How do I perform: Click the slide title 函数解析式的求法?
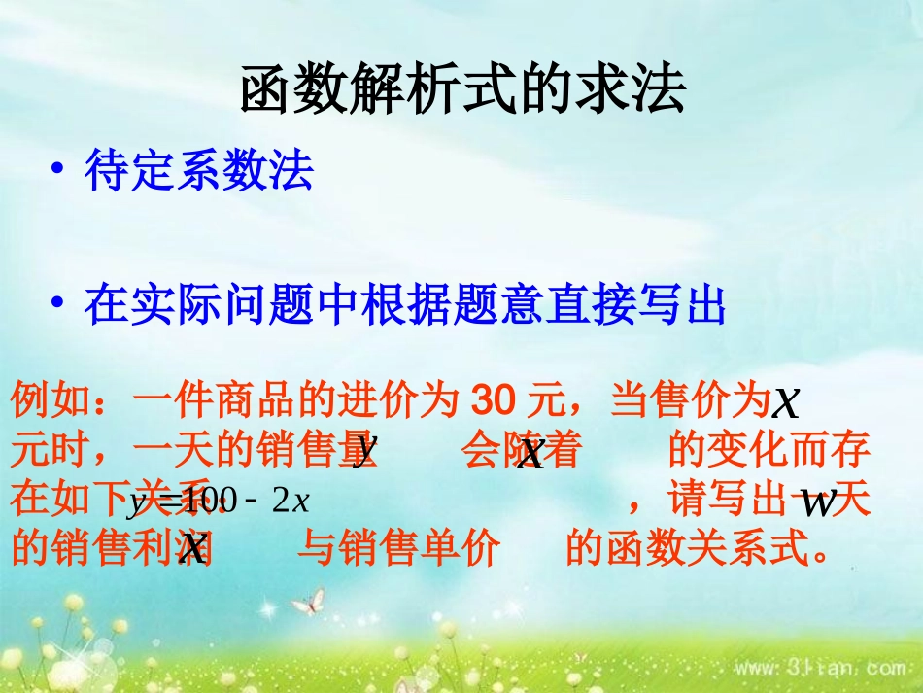pos(462,91)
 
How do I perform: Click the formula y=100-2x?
pos(219,502)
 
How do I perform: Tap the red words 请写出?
pos(708,502)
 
